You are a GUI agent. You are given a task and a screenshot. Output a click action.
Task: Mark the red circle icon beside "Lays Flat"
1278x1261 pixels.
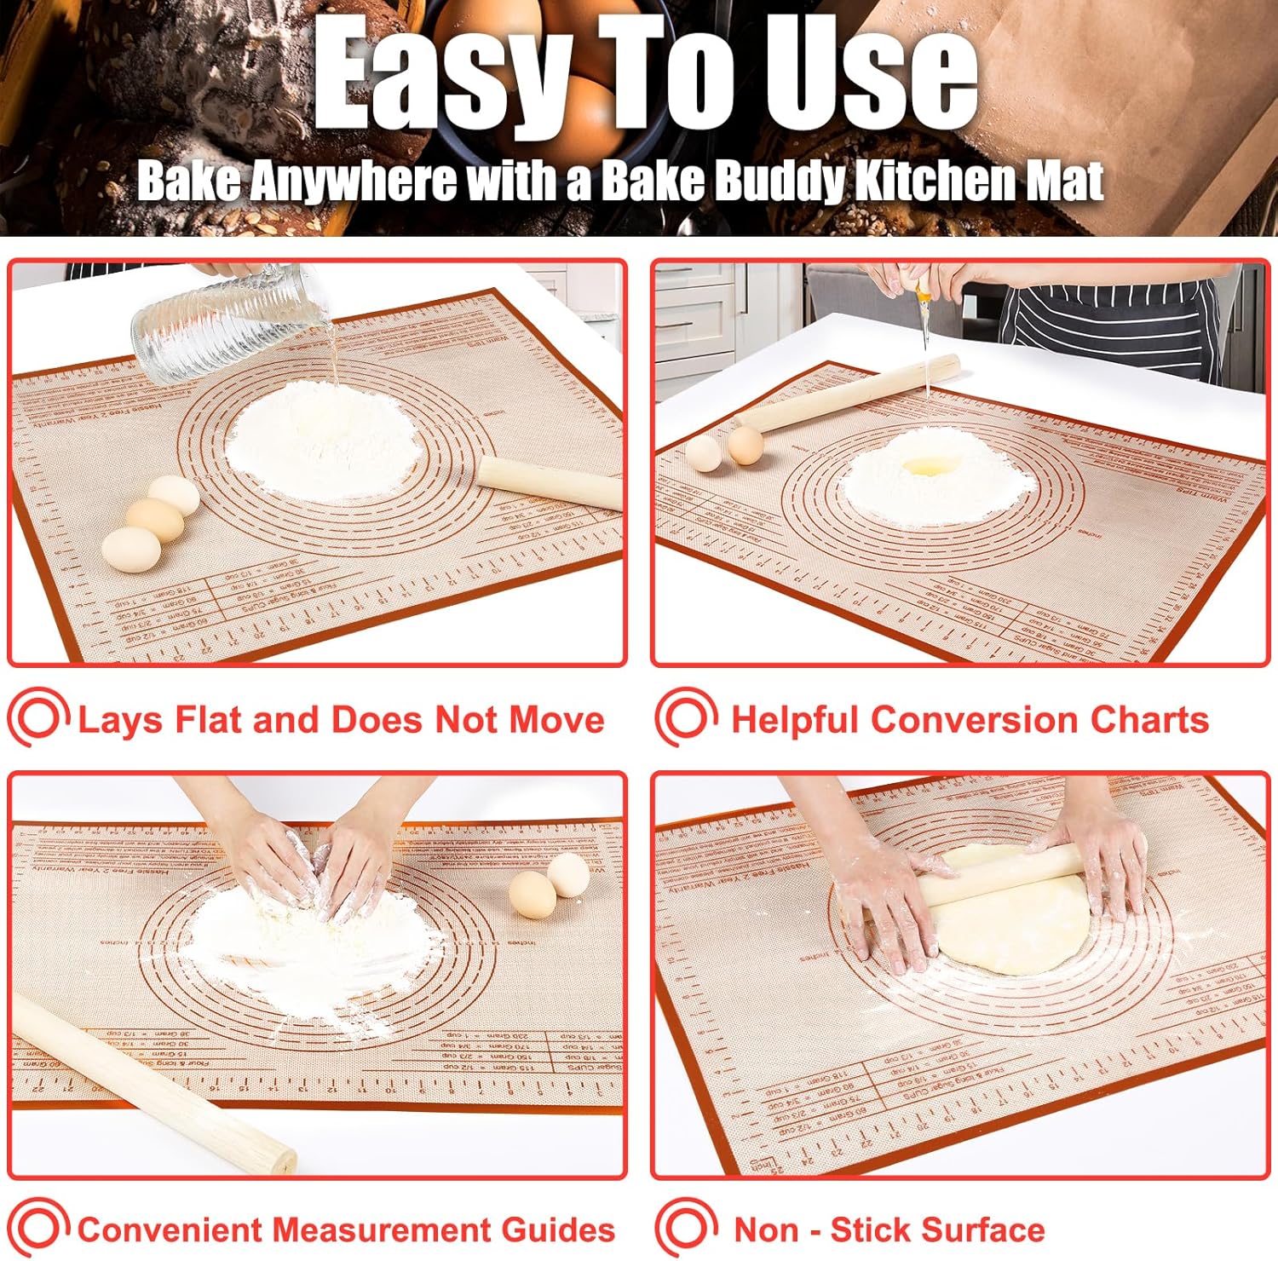click(x=38, y=717)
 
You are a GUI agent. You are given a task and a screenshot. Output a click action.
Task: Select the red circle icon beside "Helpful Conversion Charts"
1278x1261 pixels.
click(x=686, y=717)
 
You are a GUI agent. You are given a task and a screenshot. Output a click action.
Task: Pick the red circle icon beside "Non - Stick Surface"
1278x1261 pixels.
click(x=686, y=1229)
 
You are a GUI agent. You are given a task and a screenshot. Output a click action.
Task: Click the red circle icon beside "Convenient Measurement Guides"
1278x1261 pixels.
click(x=38, y=1229)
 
